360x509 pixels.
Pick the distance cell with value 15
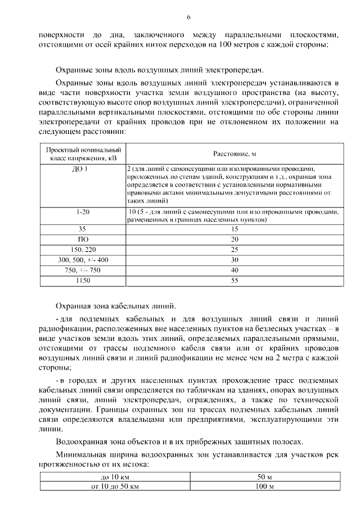(x=235, y=229)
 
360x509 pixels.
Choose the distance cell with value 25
(x=235, y=249)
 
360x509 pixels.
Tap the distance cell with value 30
(x=235, y=260)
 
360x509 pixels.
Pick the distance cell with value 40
(x=235, y=270)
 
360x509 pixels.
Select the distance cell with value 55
(x=235, y=280)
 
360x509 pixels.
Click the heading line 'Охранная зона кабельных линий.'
(x=115, y=307)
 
